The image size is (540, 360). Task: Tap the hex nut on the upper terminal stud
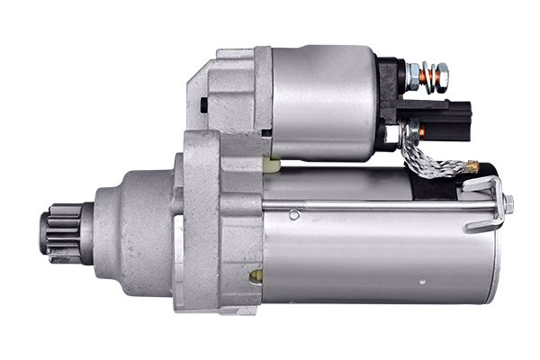(415, 76)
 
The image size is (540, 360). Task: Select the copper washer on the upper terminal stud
(429, 77)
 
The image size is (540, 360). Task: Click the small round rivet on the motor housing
(294, 214)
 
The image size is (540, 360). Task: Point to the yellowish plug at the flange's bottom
(256, 274)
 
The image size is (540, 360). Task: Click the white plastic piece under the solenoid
(273, 165)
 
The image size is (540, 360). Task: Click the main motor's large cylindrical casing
(378, 256)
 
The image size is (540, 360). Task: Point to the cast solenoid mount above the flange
(229, 90)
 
